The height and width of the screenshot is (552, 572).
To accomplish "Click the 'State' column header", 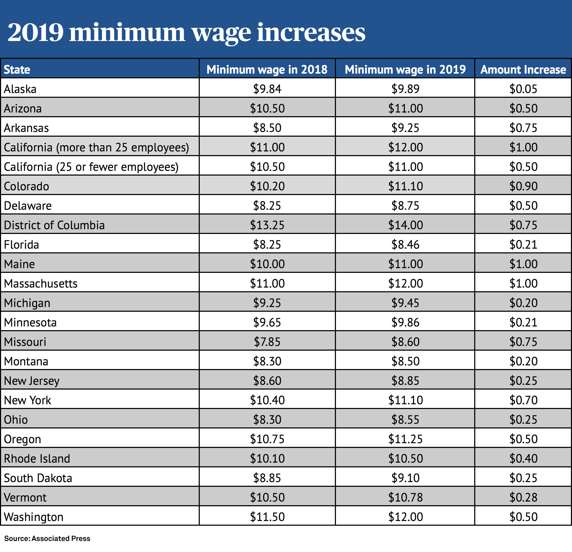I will click(17, 69).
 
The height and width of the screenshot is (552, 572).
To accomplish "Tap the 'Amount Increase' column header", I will click(523, 69).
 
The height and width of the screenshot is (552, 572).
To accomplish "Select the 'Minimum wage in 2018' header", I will click(267, 69).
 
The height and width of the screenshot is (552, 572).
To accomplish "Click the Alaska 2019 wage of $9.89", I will click(405, 89).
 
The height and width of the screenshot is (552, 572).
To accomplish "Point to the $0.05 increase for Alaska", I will click(523, 89).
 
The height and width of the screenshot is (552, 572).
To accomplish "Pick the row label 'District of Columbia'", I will click(54, 225).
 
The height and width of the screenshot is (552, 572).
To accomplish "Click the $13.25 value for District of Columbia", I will click(267, 225).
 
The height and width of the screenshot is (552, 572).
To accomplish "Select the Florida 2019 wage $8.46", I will click(405, 244).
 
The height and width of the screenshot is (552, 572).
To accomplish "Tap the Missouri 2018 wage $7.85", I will click(267, 342).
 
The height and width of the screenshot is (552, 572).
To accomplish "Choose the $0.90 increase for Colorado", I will click(523, 186).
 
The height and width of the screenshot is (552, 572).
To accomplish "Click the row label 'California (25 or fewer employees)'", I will click(91, 167).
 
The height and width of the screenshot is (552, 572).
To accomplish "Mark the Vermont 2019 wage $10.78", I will click(405, 497).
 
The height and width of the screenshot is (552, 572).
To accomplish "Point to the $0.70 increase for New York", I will click(523, 400).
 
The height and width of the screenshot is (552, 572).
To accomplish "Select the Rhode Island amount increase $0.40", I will click(523, 458).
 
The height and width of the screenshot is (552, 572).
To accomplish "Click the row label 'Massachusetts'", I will click(40, 283).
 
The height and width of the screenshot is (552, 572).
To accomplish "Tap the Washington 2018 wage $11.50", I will click(267, 517).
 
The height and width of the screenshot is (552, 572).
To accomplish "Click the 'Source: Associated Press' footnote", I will click(47, 538).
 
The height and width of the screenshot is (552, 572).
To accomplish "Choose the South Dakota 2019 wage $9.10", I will click(405, 478).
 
